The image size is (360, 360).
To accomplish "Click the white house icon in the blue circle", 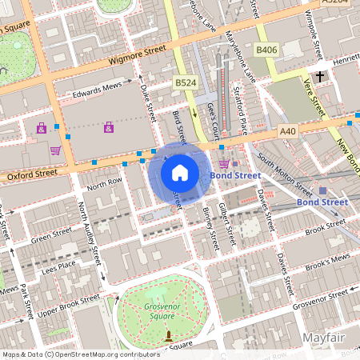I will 180,172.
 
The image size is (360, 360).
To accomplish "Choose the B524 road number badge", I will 185,82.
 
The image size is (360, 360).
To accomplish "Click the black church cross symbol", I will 320,77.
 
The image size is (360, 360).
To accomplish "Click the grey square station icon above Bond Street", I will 323,190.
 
